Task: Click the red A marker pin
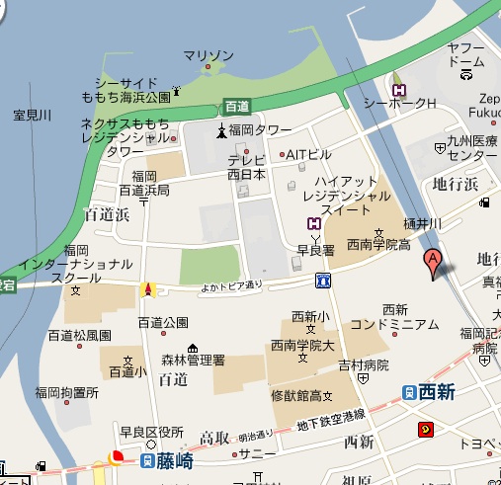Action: [431, 263]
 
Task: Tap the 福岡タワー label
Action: [260, 130]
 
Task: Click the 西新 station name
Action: [436, 393]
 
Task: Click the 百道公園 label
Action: [162, 322]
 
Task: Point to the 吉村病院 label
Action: [364, 364]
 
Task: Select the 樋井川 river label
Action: [422, 224]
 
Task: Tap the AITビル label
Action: [308, 154]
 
